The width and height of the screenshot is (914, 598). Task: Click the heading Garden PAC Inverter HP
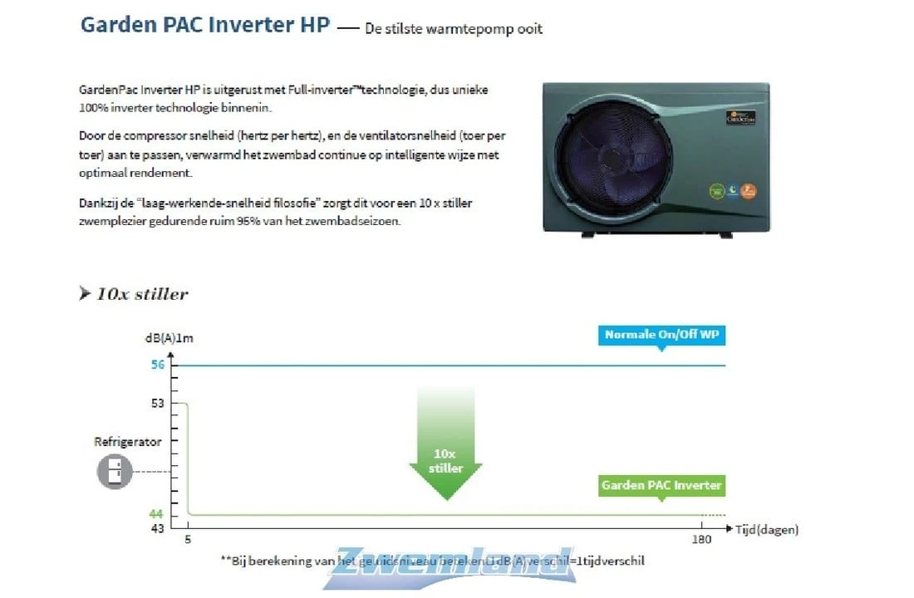pos(205,24)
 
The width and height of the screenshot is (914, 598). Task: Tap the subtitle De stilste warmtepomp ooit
pos(453,29)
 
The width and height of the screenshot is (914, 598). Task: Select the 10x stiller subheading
pos(141,294)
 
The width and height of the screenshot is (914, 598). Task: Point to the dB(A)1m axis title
pos(169,338)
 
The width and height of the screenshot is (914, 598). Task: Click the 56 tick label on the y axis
pos(157,365)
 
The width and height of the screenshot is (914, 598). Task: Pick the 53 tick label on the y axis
pos(157,404)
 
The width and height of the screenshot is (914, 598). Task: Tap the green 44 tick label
pos(157,514)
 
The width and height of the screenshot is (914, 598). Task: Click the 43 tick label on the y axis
pos(157,529)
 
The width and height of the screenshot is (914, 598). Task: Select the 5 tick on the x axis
pos(188,541)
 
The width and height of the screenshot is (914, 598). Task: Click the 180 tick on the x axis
pos(702,541)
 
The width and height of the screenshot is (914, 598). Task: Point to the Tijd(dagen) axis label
pos(766,529)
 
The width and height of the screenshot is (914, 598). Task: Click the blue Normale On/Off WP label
pos(661,335)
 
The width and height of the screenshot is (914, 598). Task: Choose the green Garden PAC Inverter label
pos(661,485)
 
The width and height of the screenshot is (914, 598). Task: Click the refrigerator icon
pos(115,471)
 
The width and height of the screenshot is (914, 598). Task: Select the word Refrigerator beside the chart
pos(128,443)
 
